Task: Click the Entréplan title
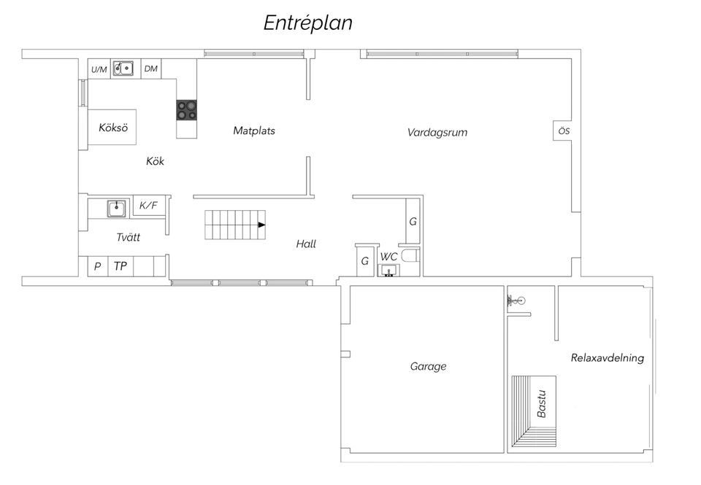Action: tap(307, 23)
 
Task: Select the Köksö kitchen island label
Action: tap(113, 128)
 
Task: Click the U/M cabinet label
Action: tap(99, 70)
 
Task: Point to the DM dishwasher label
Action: tap(151, 69)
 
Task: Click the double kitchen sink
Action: tap(123, 69)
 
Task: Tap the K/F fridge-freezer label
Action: tap(148, 206)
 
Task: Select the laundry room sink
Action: tap(117, 209)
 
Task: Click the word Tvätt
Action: tap(129, 237)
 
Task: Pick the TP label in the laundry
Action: tap(120, 266)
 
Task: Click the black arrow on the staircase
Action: tap(261, 225)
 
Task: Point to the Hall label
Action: tap(306, 244)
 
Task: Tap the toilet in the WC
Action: tap(410, 256)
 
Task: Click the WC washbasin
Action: tap(388, 271)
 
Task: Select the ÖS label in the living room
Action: tap(564, 131)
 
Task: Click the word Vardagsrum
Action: tap(437, 132)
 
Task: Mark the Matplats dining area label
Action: tap(254, 131)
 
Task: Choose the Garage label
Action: tap(429, 367)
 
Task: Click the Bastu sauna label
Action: tap(541, 404)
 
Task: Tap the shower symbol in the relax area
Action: tap(516, 301)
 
